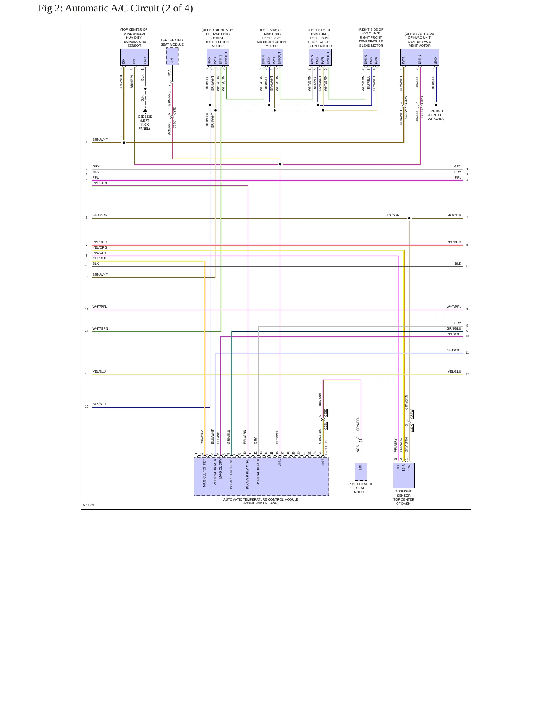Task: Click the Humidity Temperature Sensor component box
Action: coord(134,57)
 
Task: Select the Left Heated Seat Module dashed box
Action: coord(172,57)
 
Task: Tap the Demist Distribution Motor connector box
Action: coord(218,57)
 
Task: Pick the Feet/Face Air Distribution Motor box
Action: coord(272,57)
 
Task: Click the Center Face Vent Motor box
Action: coord(419,57)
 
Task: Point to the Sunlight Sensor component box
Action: coord(404,475)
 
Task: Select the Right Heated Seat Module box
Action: coord(361,472)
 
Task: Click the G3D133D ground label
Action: coord(145,117)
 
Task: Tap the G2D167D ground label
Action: coord(436,111)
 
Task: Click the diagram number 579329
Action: coord(89,505)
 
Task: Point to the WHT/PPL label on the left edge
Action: coord(100,307)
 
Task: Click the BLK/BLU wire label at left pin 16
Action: coord(99,404)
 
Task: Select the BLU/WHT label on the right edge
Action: coord(454,350)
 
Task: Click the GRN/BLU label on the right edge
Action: coord(454,328)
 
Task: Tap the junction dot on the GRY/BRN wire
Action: coord(409,218)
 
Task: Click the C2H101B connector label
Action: coord(326,447)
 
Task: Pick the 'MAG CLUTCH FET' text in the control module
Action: coord(204,473)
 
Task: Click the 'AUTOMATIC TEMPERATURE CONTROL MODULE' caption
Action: coord(261,499)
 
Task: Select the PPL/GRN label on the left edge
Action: coord(100,183)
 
